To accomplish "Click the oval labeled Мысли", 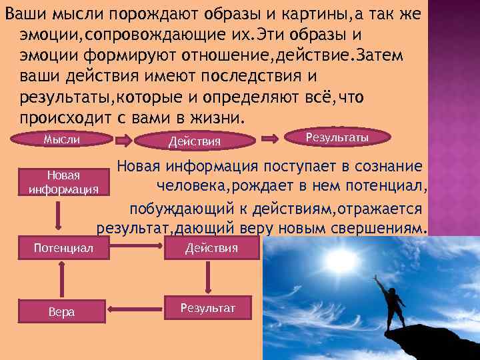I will coord(62,139).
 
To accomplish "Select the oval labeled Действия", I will coord(195,141).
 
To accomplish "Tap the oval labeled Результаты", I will coord(337,137).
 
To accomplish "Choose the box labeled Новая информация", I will coord(64,181).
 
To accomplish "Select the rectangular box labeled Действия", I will coord(211,249).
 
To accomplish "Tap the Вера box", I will coord(62,311).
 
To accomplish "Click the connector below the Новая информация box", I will coord(62,216).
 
